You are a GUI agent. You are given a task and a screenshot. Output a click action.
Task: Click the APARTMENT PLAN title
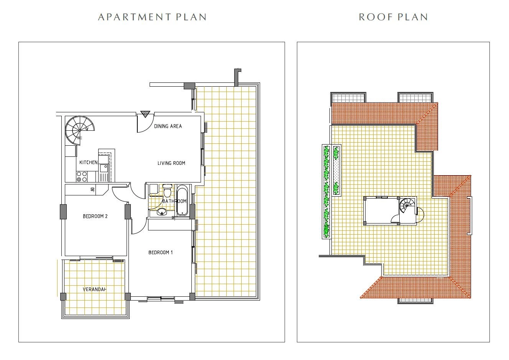[152, 17]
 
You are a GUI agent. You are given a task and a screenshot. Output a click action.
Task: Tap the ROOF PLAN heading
[393, 17]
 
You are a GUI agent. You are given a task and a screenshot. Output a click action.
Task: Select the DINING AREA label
[168, 126]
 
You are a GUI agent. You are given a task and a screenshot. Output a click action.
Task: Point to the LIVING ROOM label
[171, 163]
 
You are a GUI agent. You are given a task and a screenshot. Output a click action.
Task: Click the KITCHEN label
[88, 163]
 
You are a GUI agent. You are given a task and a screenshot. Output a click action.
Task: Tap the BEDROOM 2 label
[95, 216]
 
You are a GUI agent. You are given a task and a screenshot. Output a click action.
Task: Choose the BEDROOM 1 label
[160, 252]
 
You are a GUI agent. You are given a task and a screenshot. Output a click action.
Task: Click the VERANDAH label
[94, 289]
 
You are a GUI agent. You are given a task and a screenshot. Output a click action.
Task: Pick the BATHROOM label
[174, 201]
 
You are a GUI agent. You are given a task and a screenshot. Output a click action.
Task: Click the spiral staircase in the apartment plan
[79, 131]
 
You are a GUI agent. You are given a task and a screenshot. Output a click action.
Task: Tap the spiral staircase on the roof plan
[407, 205]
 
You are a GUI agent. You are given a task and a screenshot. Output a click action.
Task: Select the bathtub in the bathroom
[182, 200]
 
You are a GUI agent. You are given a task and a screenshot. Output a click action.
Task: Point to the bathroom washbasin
[161, 212]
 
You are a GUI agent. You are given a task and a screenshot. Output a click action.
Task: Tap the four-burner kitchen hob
[82, 177]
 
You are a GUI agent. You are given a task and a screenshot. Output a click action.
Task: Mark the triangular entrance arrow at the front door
[145, 114]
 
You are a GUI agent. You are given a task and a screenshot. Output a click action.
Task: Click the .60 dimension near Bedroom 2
[92, 189]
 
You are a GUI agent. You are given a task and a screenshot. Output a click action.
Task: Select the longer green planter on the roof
[326, 191]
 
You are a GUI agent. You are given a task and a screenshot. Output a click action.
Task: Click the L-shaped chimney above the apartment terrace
[237, 77]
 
